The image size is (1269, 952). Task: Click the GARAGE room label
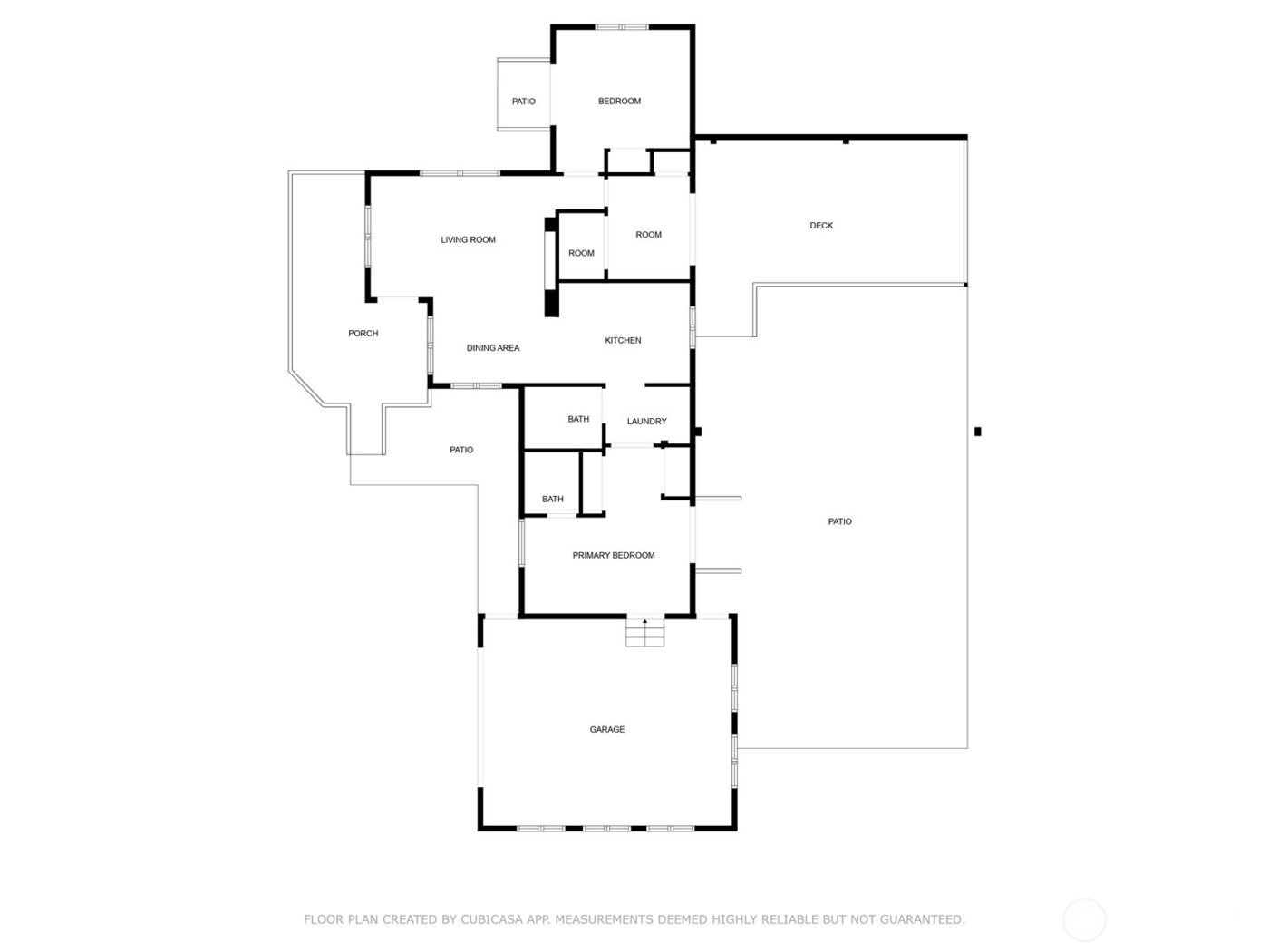pos(607,729)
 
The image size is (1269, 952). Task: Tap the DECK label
pos(821,225)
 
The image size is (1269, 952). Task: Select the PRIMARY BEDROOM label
pos(614,555)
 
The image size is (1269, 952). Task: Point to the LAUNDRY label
pos(647,421)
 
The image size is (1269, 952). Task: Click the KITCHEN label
pos(623,340)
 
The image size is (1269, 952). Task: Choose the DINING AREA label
pos(493,347)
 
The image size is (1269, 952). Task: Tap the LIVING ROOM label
pos(469,239)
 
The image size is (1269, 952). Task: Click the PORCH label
pos(363,333)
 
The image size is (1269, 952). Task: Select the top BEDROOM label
pos(619,101)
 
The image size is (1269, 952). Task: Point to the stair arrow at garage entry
pos(645,622)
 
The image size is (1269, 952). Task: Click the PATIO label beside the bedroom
pos(524,101)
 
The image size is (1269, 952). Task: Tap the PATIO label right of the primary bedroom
pos(840,521)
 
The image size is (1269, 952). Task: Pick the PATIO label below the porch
pos(461,450)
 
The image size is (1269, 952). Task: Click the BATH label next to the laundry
pos(578,419)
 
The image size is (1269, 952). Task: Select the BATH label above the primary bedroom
pos(553,499)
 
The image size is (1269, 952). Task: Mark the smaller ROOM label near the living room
pos(581,253)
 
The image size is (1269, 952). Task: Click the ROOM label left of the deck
pos(649,234)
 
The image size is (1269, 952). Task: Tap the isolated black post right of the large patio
pos(977,432)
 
